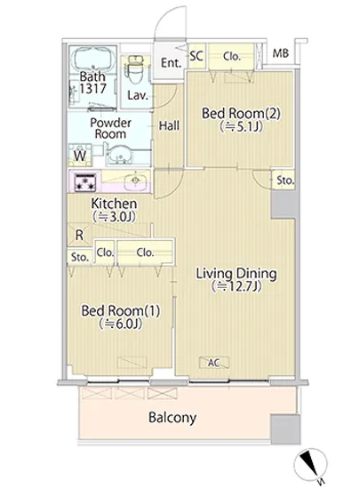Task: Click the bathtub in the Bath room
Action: pyautogui.click(x=92, y=60)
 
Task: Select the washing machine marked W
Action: pyautogui.click(x=80, y=155)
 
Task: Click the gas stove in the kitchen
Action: pyautogui.click(x=85, y=181)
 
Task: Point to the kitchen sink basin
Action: pyautogui.click(x=135, y=180)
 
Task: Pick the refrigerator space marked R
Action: pyautogui.click(x=79, y=235)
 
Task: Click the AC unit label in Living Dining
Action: pyautogui.click(x=214, y=363)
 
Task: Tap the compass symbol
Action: pyautogui.click(x=311, y=463)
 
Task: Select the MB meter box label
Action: pyautogui.click(x=281, y=53)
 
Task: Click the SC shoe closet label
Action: pyautogui.click(x=196, y=56)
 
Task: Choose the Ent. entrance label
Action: pyautogui.click(x=171, y=63)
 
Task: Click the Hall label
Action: pyautogui.click(x=169, y=126)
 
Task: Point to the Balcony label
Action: pyautogui.click(x=172, y=417)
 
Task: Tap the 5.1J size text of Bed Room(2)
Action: pyautogui.click(x=241, y=126)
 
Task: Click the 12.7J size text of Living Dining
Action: pyautogui.click(x=236, y=286)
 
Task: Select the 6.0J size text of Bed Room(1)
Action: pyautogui.click(x=121, y=324)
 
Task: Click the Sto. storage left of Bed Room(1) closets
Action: pyautogui.click(x=79, y=257)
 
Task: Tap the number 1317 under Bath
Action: pyautogui.click(x=92, y=89)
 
